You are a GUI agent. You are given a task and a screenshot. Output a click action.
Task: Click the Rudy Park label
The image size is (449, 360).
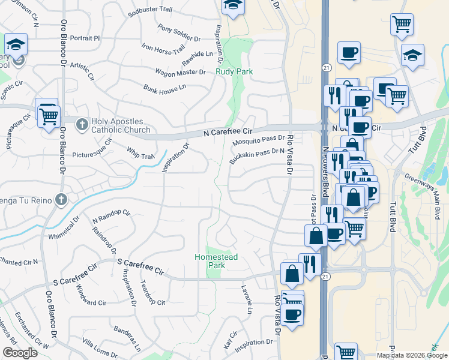(234, 71)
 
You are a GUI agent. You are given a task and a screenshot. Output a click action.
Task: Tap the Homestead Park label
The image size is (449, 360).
(216, 261)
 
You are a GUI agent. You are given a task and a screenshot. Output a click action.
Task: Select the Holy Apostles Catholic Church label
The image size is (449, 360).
(121, 125)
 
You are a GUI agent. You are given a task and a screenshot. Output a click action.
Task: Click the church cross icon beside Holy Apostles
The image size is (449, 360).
(83, 125)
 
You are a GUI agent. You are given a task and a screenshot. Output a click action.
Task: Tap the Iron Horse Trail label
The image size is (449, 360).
(163, 47)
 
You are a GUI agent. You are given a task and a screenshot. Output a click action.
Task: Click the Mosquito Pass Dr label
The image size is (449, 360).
(258, 142)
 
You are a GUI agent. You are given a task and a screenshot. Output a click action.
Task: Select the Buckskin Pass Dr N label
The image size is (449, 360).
(256, 156)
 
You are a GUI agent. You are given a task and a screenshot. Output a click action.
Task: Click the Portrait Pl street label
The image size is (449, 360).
(84, 38)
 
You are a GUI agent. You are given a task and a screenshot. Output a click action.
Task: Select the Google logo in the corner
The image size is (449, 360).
(19, 353)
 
